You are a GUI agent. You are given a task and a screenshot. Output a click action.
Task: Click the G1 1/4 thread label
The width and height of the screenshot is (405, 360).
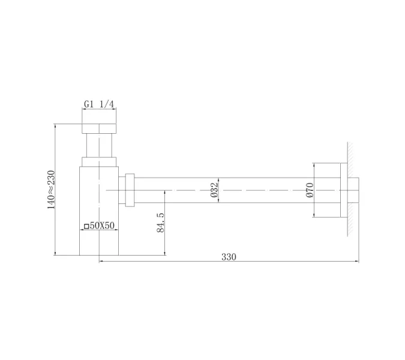(99, 104)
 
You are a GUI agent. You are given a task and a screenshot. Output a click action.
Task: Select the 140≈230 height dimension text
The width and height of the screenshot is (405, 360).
(52, 190)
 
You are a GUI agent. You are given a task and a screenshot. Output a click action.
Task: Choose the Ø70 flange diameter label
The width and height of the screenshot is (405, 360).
(310, 190)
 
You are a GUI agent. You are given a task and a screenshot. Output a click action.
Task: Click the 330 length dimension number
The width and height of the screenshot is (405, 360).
(229, 257)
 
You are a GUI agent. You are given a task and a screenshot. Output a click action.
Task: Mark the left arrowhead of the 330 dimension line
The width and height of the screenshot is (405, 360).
(101, 262)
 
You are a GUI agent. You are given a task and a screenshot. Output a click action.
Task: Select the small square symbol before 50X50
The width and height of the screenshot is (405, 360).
(86, 226)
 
